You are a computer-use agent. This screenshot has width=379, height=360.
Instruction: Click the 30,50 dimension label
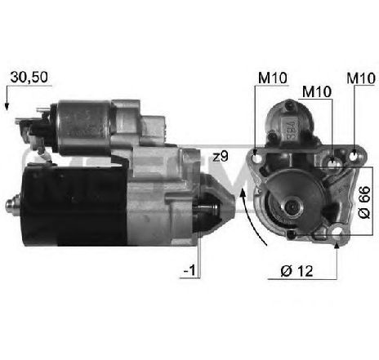coord(29,77)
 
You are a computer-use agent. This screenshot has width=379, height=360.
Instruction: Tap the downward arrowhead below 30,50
coord(7,107)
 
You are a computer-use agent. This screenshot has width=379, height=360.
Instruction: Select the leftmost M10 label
coord(272,78)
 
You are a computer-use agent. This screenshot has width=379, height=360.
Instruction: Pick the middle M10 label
coord(317,91)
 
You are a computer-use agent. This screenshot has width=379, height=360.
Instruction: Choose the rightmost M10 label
coord(361,78)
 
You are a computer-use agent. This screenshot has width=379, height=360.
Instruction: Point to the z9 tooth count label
coord(221,157)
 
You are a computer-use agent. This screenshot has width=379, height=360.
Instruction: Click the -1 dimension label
coord(189,270)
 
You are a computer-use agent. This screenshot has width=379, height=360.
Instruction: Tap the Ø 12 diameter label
coord(297,271)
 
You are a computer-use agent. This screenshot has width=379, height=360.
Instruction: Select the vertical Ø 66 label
coord(364,202)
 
